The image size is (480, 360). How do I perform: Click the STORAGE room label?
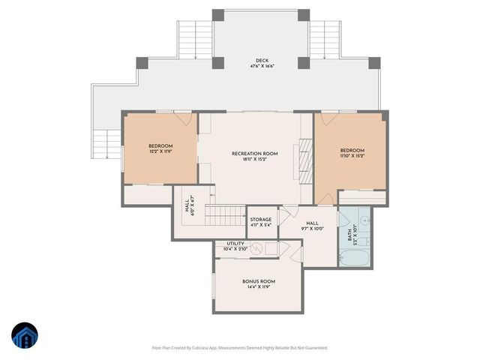pyautogui.click(x=261, y=220)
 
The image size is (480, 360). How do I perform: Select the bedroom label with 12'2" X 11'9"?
pyautogui.click(x=160, y=145)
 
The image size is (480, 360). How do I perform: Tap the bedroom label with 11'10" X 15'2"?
pyautogui.click(x=352, y=151)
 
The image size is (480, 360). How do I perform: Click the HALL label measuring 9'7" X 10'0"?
pyautogui.click(x=312, y=223)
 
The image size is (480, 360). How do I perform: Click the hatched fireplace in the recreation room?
pyautogui.click(x=304, y=158)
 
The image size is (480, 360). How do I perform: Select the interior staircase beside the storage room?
pyautogui.click(x=226, y=217)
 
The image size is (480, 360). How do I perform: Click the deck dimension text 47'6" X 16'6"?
pyautogui.click(x=261, y=67)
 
